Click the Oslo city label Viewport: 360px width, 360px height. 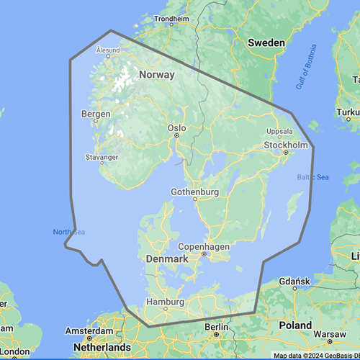click(x=176, y=127)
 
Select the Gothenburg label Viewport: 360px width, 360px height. click(x=194, y=192)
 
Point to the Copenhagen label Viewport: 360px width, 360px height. click(x=204, y=245)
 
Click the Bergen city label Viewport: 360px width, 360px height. click(x=96, y=114)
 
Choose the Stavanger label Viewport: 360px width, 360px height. click(x=101, y=157)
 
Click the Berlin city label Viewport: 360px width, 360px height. click(x=216, y=326)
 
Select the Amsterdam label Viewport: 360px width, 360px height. click(x=89, y=330)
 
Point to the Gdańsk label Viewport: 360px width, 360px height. click(x=295, y=279)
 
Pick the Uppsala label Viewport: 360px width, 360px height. click(x=280, y=132)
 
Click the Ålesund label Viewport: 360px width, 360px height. click(x=108, y=50)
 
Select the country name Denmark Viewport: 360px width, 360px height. click(x=167, y=258)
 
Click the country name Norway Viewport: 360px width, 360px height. click(x=157, y=75)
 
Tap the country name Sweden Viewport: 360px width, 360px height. click(x=266, y=42)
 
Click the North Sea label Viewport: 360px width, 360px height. click(x=68, y=232)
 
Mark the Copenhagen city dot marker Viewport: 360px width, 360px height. click(x=204, y=253)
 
